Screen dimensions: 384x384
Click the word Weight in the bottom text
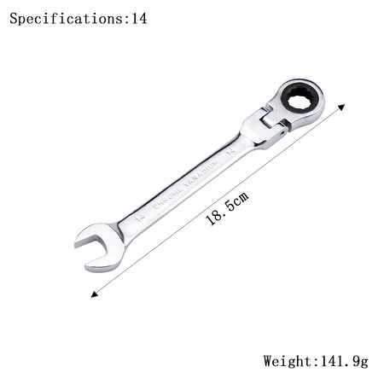[288, 362]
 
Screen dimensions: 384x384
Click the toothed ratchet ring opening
[301, 99]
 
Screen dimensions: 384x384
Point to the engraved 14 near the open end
[139, 218]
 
